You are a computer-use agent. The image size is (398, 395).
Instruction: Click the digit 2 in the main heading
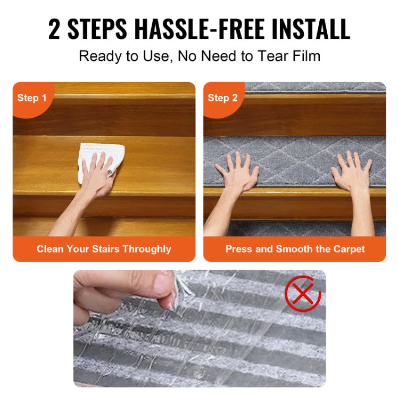tap(54, 29)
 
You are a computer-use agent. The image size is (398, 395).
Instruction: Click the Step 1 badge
tap(32, 98)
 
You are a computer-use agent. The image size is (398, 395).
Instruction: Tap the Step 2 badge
tap(222, 98)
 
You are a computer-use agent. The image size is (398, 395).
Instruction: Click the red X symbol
tap(303, 294)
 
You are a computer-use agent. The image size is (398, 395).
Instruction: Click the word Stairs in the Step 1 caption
tap(105, 249)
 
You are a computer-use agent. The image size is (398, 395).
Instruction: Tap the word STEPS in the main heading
tap(97, 29)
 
